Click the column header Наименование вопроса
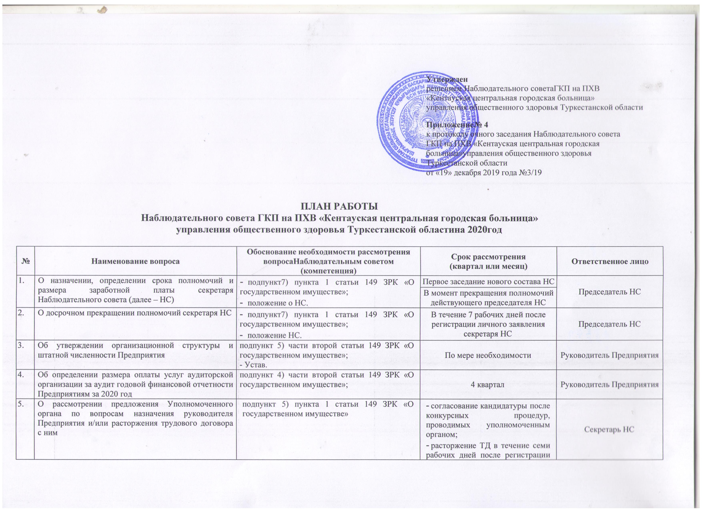(136, 261)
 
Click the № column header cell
(26, 261)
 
